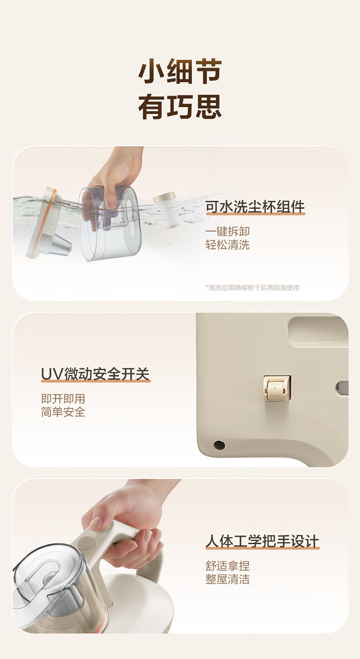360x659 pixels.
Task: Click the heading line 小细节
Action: point(180,71)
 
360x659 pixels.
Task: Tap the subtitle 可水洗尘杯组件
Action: point(255,206)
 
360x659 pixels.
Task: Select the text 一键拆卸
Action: point(228,231)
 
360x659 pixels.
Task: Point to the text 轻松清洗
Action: point(228,245)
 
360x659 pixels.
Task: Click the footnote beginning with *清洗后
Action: point(252,288)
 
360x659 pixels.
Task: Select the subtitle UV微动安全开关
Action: point(95,374)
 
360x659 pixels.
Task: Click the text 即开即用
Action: point(63,399)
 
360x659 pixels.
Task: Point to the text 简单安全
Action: point(63,412)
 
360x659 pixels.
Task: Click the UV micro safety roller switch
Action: point(277,388)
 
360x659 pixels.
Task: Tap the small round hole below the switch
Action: point(219,445)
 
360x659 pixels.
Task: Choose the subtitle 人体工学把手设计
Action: point(262,541)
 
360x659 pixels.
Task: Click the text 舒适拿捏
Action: point(228,566)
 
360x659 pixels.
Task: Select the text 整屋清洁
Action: point(228,579)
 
